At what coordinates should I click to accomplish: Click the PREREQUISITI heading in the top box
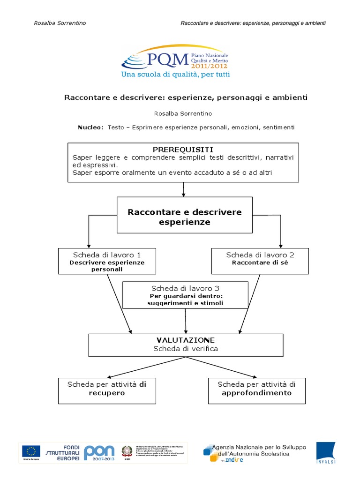pyautogui.click(x=183, y=149)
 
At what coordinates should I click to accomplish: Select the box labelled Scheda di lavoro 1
pyautogui.click(x=107, y=261)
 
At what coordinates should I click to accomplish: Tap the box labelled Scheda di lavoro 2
pyautogui.click(x=260, y=261)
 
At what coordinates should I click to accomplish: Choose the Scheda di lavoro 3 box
pyautogui.click(x=185, y=295)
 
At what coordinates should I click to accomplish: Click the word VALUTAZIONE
pyautogui.click(x=186, y=339)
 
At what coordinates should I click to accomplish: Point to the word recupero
pyautogui.click(x=107, y=393)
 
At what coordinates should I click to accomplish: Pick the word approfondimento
pyautogui.click(x=256, y=393)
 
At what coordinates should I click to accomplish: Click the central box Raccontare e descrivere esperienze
pyautogui.click(x=185, y=217)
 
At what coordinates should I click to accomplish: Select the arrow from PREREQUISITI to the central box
pyautogui.click(x=184, y=189)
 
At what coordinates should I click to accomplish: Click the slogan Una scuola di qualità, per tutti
pyautogui.click(x=175, y=74)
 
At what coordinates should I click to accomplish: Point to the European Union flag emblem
pyautogui.click(x=31, y=451)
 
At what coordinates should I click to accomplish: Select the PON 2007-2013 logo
pyautogui.click(x=99, y=452)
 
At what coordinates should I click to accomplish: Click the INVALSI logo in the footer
pyautogui.click(x=325, y=453)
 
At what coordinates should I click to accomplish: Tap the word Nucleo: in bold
pyautogui.click(x=90, y=127)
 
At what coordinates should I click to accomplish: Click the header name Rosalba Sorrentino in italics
pyautogui.click(x=60, y=23)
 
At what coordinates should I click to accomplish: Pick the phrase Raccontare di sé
pyautogui.click(x=260, y=263)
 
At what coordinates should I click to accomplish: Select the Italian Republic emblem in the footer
pyautogui.click(x=127, y=451)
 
